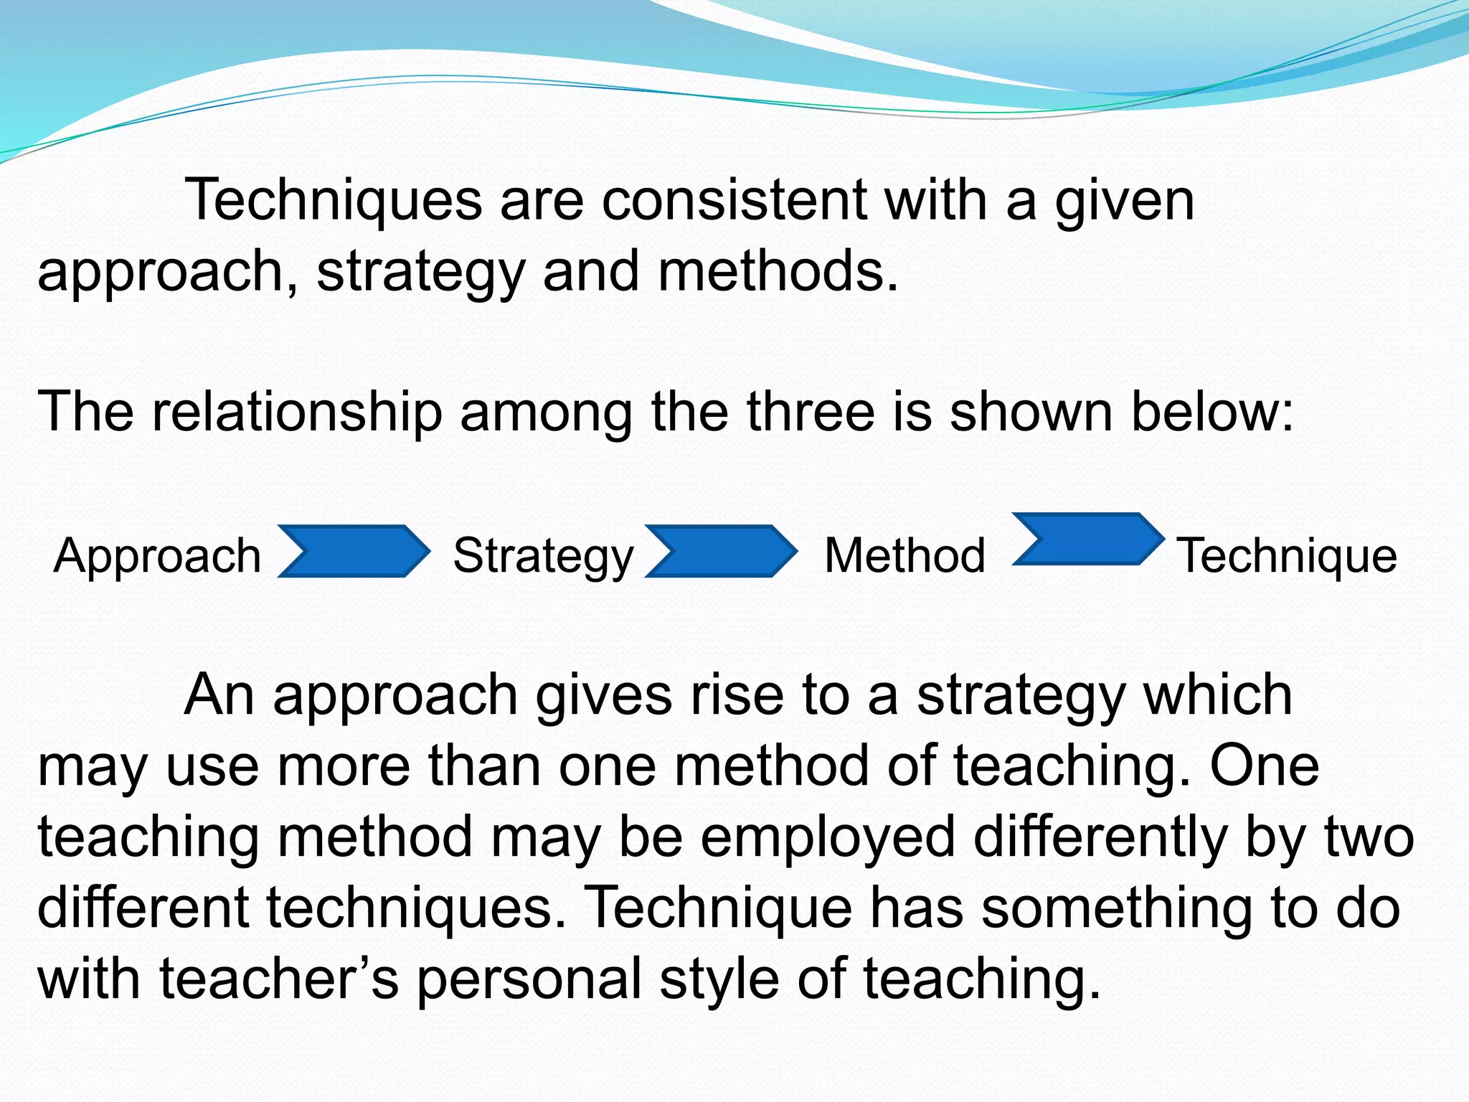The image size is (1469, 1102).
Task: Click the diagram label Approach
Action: click(157, 556)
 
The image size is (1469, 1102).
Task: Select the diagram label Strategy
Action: click(543, 556)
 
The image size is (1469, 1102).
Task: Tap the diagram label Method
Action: click(905, 556)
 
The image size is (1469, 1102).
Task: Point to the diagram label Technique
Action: click(1288, 556)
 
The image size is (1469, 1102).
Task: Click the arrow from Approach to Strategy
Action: click(354, 551)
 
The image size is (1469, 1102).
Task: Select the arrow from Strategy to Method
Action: click(721, 551)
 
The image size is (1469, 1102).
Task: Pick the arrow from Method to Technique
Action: click(1088, 540)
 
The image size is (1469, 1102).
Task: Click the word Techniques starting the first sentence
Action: click(334, 200)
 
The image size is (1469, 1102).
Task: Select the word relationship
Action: click(297, 412)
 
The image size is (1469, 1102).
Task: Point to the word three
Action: click(811, 412)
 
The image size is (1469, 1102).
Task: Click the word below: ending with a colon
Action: click(1212, 412)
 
